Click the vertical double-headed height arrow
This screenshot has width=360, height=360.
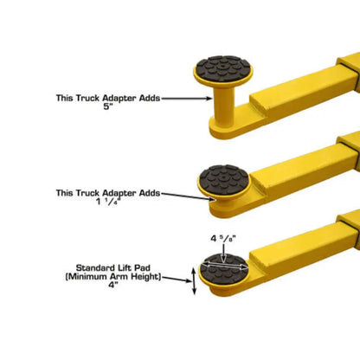(193, 281)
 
